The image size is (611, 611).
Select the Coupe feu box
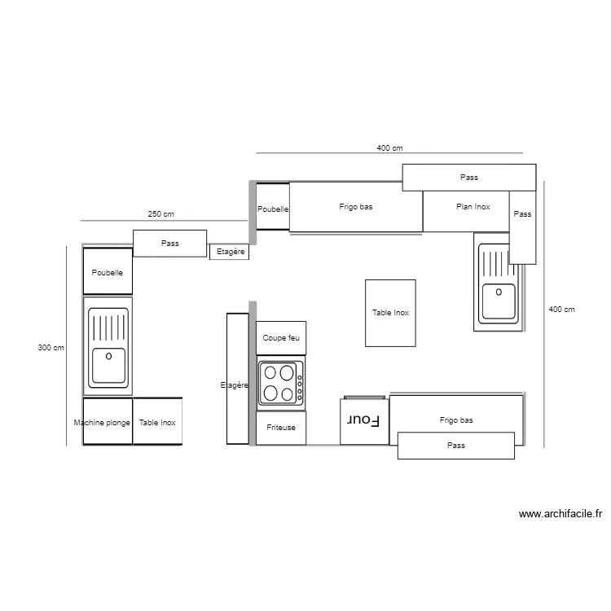(x=282, y=337)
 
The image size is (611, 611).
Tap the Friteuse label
(x=282, y=427)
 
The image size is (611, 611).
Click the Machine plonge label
(x=102, y=423)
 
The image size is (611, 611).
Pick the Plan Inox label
(x=473, y=207)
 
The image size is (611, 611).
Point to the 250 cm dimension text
(x=160, y=214)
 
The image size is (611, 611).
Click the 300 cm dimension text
(x=51, y=348)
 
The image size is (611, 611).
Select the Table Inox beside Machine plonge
(x=157, y=423)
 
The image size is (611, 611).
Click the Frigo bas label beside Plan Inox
(x=356, y=207)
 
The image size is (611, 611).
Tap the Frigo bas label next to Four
(x=456, y=420)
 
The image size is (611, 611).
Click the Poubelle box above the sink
(x=108, y=271)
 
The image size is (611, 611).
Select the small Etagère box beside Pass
(x=229, y=252)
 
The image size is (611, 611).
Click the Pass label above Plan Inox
(x=469, y=177)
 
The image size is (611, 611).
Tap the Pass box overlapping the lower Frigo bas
(x=456, y=446)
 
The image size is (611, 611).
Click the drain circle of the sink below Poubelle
(x=108, y=354)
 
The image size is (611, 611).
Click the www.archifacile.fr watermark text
(x=560, y=514)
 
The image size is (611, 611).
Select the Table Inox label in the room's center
(x=390, y=313)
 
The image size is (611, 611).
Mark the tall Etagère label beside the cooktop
(x=235, y=385)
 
